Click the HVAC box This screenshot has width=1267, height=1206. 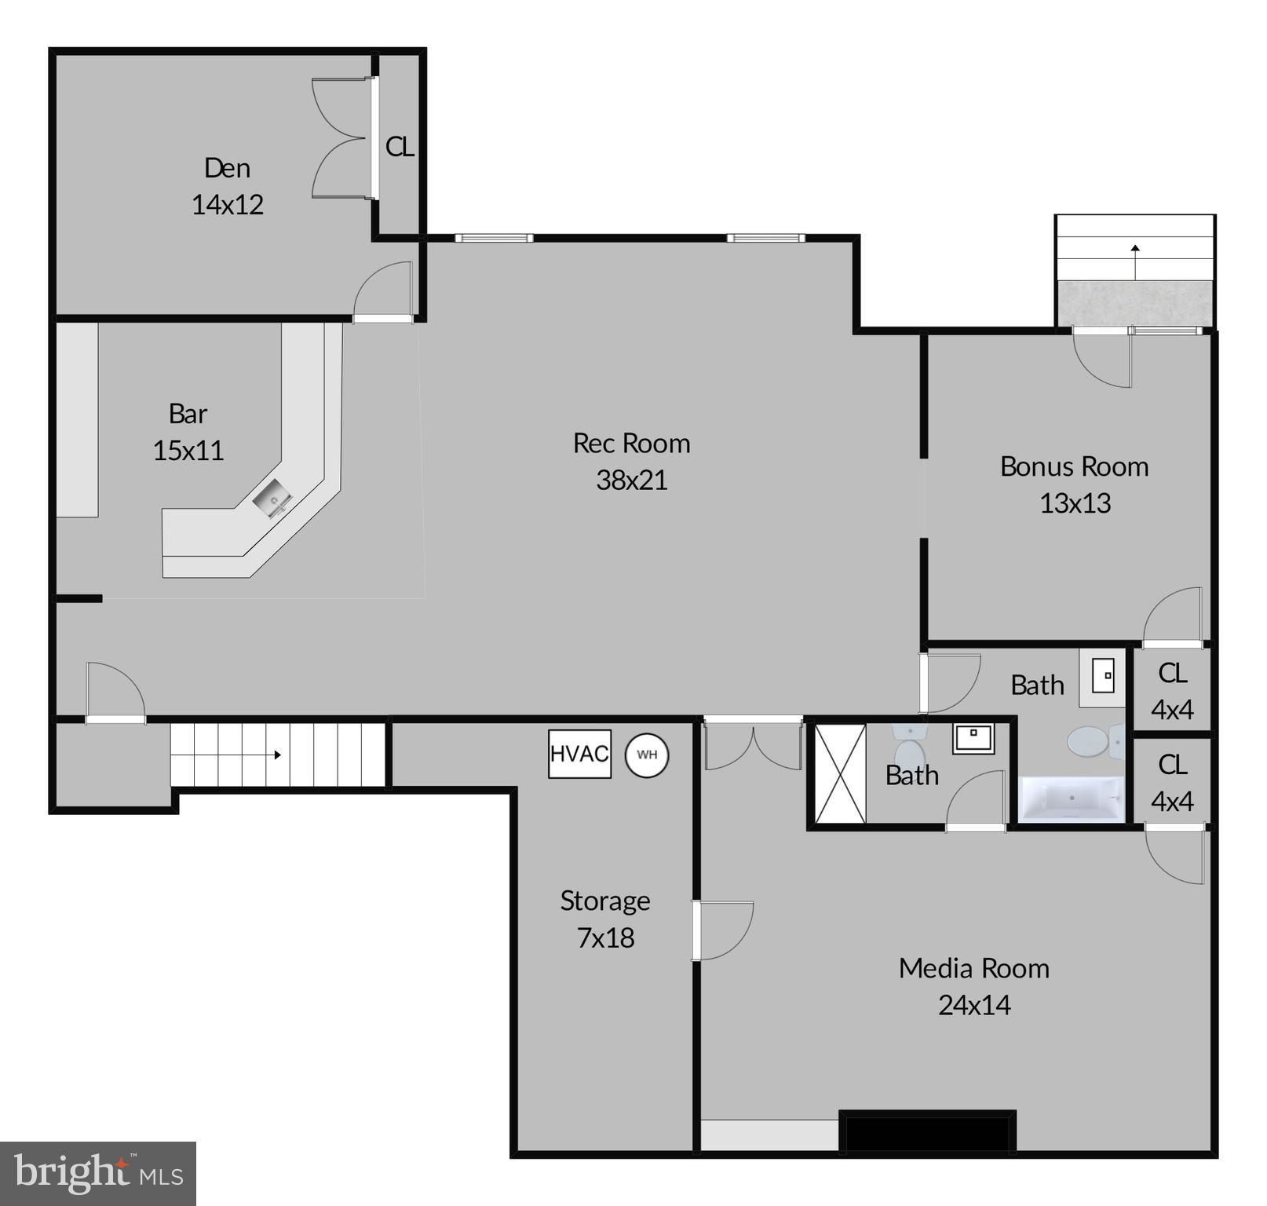click(579, 754)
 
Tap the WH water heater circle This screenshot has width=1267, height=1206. click(646, 755)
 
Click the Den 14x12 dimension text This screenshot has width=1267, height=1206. click(228, 204)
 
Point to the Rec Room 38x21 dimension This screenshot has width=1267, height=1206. click(632, 480)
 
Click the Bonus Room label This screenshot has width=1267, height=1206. click(1074, 466)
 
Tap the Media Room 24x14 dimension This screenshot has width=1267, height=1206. click(974, 1005)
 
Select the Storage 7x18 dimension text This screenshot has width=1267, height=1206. click(605, 937)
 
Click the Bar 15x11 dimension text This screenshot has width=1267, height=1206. click(188, 451)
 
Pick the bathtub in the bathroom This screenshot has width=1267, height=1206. click(1072, 799)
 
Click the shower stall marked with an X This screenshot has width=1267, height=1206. click(840, 774)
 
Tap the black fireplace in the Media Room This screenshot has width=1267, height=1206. click(927, 1131)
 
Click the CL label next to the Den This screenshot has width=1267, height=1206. click(400, 147)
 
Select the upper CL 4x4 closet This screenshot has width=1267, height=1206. click(1172, 691)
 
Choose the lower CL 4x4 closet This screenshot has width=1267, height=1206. click(1172, 783)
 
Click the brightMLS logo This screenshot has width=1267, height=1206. click(98, 1173)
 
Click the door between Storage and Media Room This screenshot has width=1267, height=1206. click(722, 930)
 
